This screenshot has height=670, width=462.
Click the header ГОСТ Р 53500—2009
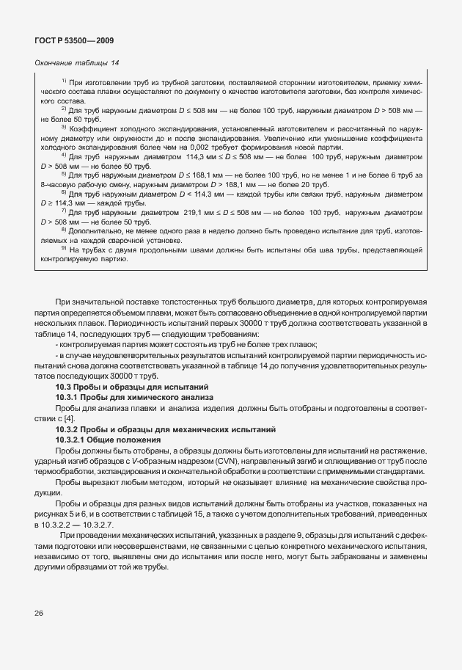point(73,40)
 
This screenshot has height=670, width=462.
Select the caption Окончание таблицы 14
point(77,63)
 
